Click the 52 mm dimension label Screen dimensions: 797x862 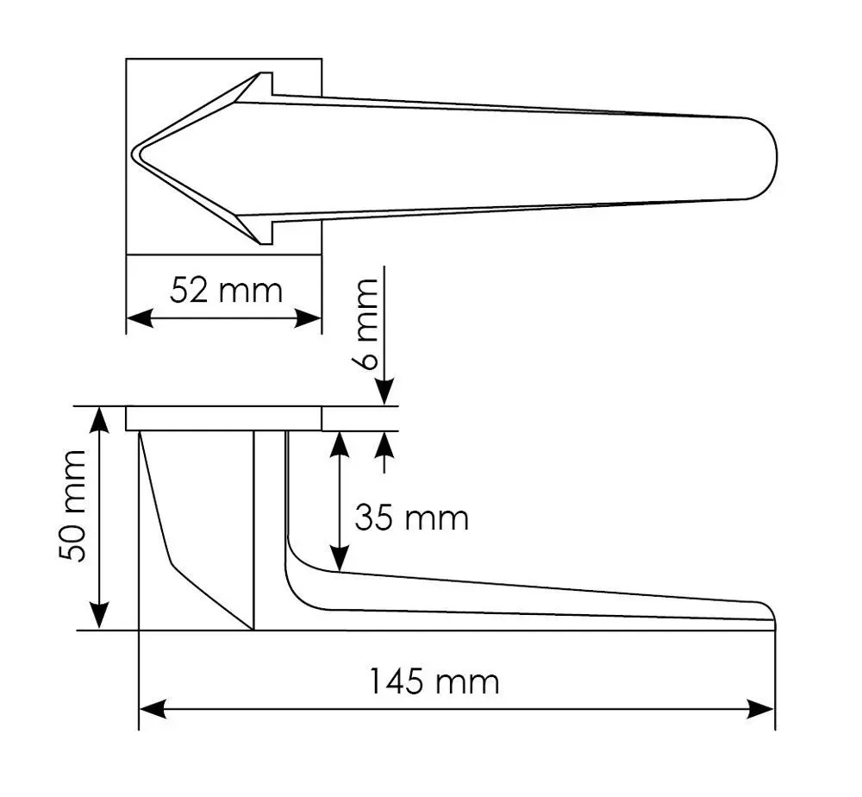click(x=226, y=290)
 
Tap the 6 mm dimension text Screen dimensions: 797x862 click(x=366, y=323)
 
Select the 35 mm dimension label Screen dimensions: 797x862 click(x=411, y=518)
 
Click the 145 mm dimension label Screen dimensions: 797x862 click(x=434, y=682)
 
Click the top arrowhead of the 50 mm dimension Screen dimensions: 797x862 click(x=101, y=419)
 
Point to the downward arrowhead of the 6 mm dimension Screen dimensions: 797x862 click(x=384, y=392)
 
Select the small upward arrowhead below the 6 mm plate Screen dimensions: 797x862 click(x=384, y=446)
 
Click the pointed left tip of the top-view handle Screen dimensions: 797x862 click(x=134, y=154)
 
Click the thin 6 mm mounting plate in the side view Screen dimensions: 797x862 click(x=224, y=418)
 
